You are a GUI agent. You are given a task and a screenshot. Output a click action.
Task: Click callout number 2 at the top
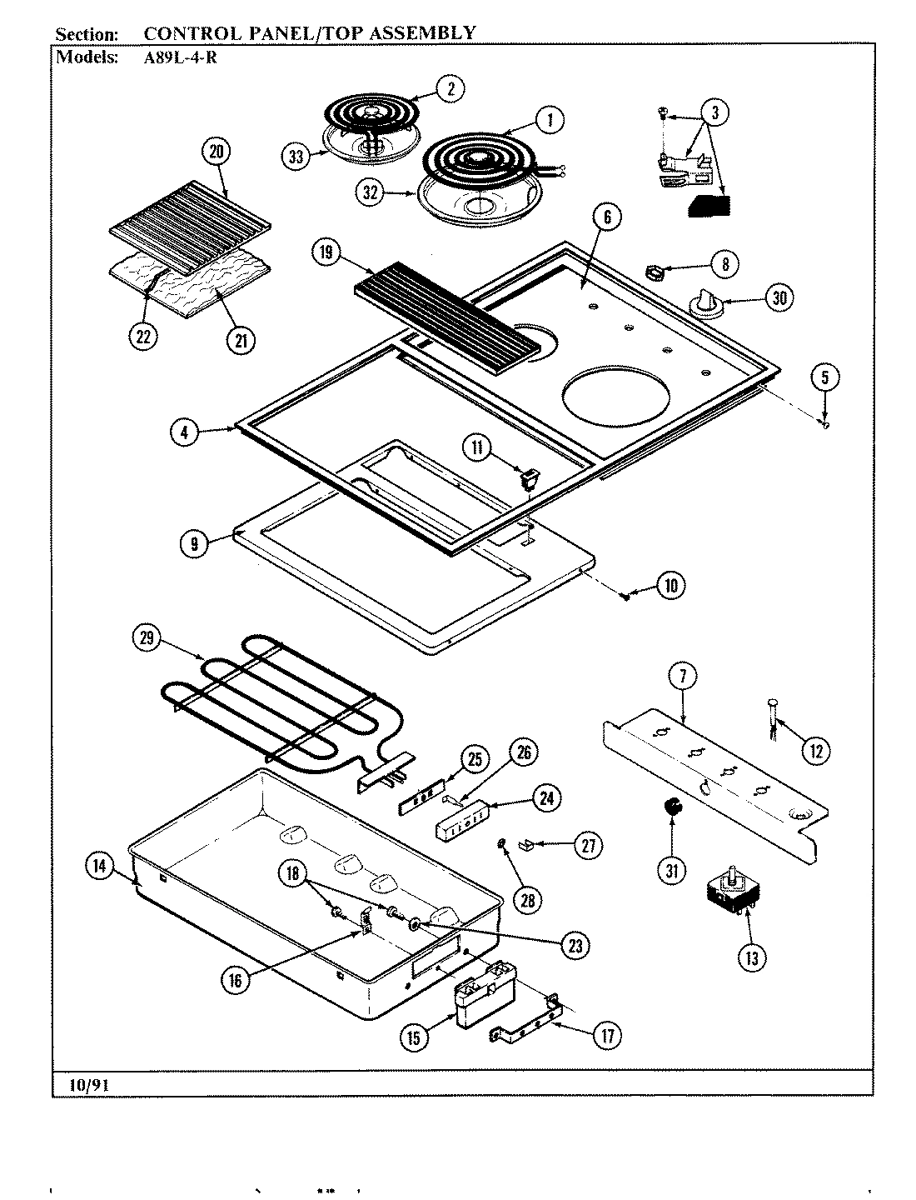(450, 89)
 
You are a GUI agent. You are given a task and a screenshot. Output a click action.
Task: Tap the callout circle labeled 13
(751, 957)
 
